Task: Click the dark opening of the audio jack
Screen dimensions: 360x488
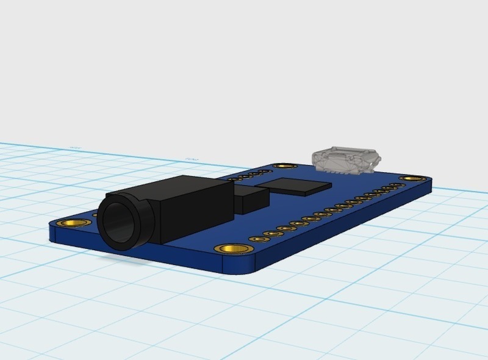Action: click(x=119, y=223)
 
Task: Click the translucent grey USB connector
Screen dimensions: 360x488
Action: click(x=345, y=160)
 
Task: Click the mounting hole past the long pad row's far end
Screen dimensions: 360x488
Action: click(x=410, y=179)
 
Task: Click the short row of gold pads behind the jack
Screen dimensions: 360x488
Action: click(x=244, y=176)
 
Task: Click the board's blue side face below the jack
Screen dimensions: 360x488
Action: click(x=152, y=253)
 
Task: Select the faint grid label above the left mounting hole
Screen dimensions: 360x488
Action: click(x=76, y=147)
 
